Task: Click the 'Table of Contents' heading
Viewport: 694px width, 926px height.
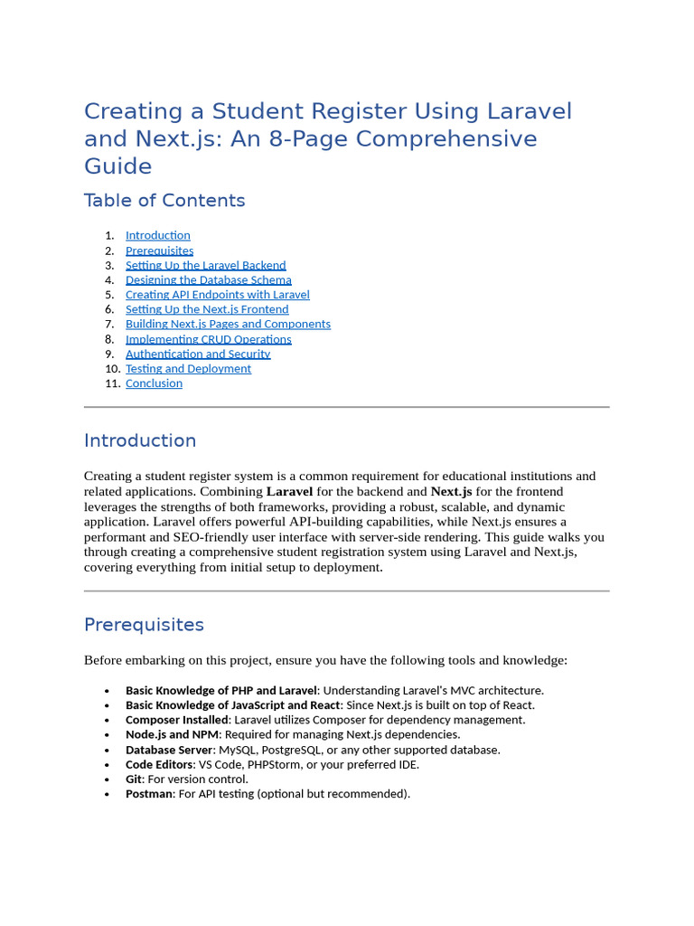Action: pos(164,201)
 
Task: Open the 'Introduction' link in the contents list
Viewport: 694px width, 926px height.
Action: pos(157,235)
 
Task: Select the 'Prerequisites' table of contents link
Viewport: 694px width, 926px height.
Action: pos(159,250)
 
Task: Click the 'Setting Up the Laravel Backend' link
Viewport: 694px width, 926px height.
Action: pos(205,265)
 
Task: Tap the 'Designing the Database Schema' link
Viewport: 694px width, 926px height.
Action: pos(208,280)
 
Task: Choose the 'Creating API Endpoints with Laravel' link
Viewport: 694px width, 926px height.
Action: pos(217,295)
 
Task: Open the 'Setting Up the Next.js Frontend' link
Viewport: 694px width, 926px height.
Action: pos(207,309)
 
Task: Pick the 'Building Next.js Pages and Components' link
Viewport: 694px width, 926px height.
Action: pos(228,324)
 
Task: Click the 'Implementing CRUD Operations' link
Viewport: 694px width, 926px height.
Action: pos(208,339)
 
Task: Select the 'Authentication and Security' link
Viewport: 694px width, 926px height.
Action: pos(198,354)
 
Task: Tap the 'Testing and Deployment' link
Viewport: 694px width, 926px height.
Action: pos(188,369)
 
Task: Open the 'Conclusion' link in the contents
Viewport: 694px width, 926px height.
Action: pos(154,383)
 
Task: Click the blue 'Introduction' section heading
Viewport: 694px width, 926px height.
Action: pos(140,440)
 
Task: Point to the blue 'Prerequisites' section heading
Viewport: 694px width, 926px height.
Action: pos(144,625)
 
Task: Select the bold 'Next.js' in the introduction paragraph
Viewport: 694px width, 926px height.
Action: pos(451,492)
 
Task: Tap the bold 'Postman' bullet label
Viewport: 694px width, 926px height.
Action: pos(149,794)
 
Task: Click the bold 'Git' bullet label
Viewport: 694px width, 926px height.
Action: pos(134,779)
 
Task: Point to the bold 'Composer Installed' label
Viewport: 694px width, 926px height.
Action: pos(176,720)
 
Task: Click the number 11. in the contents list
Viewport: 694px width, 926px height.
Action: pos(113,383)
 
